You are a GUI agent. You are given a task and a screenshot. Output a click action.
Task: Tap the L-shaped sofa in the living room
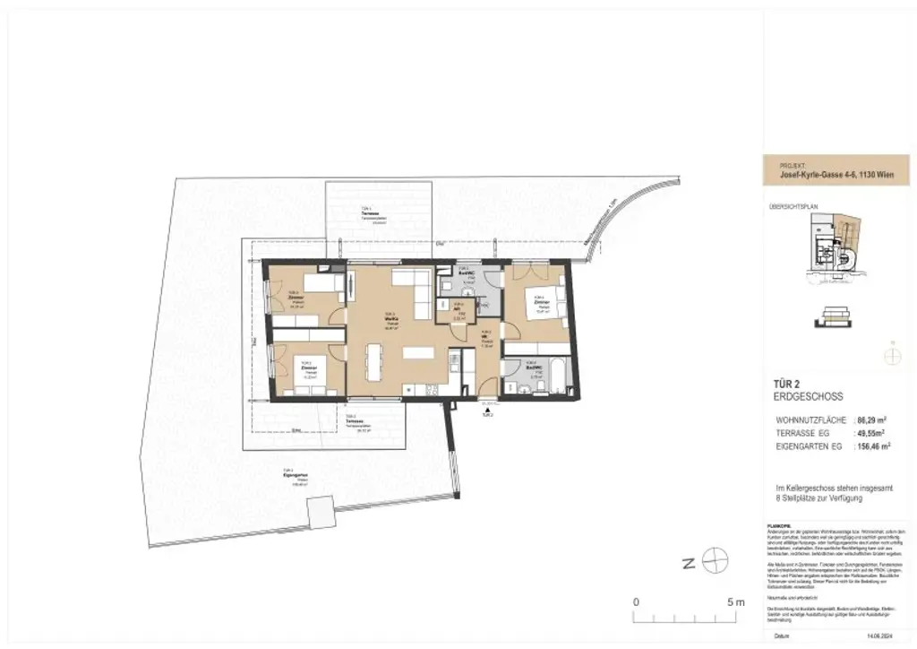click(x=411, y=289)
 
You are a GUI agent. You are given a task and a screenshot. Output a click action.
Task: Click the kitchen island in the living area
click(x=419, y=352)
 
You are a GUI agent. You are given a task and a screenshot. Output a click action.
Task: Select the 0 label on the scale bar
click(x=636, y=601)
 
